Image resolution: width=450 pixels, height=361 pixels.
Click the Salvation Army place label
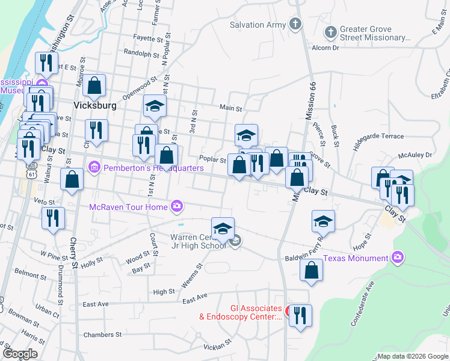point(256,25)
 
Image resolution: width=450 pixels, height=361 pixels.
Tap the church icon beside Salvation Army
point(295,24)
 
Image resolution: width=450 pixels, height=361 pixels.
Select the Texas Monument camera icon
point(397,258)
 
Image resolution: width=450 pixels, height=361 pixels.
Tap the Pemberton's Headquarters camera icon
point(94,167)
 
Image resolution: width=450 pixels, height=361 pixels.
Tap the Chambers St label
point(102,335)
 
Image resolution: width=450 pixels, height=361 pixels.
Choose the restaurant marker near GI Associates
point(300,315)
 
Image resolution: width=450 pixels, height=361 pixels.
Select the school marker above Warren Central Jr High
point(223,229)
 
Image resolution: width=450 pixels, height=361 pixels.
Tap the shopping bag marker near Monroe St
point(94,85)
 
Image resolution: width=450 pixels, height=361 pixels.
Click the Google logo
point(20,354)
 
